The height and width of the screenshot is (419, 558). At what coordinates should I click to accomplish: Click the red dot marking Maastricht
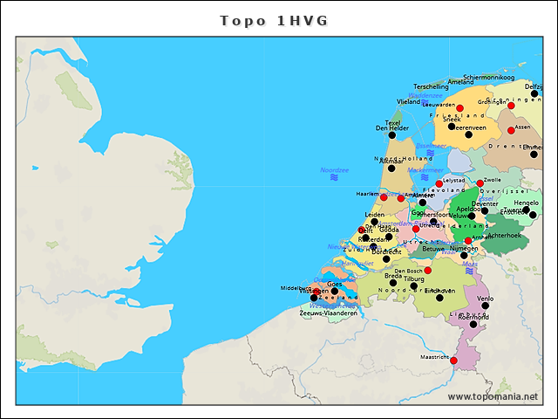(x=453, y=360)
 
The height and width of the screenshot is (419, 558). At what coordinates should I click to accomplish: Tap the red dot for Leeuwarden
(x=460, y=107)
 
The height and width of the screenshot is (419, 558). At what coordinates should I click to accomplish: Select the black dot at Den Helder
(x=391, y=136)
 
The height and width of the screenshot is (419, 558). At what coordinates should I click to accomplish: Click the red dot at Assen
(x=511, y=131)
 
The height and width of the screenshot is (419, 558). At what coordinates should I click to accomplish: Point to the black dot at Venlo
(x=485, y=306)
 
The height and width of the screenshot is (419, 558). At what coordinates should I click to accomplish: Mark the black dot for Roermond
(x=473, y=324)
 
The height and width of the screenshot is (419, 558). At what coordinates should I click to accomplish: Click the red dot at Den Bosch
(x=427, y=271)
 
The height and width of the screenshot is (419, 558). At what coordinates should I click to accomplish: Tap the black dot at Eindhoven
(x=429, y=291)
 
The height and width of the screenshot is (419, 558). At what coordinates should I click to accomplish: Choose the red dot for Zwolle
(x=480, y=183)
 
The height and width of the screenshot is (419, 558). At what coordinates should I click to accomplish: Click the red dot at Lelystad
(x=439, y=183)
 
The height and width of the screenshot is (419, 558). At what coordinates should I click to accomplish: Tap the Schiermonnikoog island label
(x=489, y=78)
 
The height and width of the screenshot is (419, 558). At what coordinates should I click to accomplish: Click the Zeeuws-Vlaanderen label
(x=328, y=313)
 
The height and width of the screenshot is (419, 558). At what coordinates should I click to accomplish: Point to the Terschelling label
(x=431, y=87)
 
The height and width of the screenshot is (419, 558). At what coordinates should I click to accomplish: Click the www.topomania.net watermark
(x=493, y=397)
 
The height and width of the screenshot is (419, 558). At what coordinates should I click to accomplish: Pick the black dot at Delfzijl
(x=534, y=93)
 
